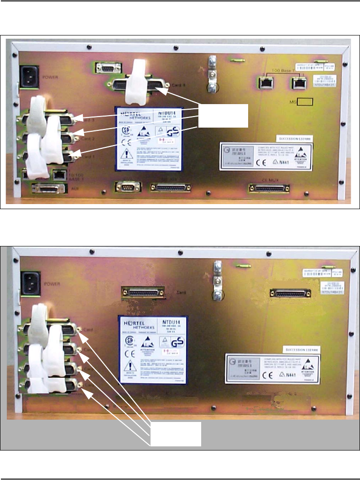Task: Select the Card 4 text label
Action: (x=173, y=85)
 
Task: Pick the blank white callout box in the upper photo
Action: (x=223, y=116)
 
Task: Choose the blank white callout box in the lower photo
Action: (x=176, y=433)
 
